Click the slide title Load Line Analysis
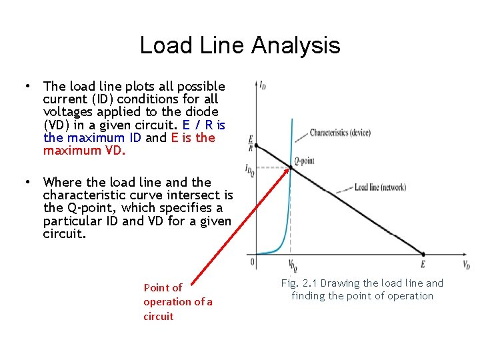240,45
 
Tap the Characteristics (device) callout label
340,133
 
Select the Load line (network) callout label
380,187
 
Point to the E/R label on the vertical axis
250,143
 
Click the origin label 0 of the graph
252,262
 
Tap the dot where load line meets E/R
257,145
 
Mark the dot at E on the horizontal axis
423,254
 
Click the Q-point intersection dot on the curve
291,167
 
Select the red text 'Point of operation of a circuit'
177,302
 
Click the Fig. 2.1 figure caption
362,289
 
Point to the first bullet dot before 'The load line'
26,86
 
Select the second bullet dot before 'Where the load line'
26,182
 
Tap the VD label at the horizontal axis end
466,264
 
